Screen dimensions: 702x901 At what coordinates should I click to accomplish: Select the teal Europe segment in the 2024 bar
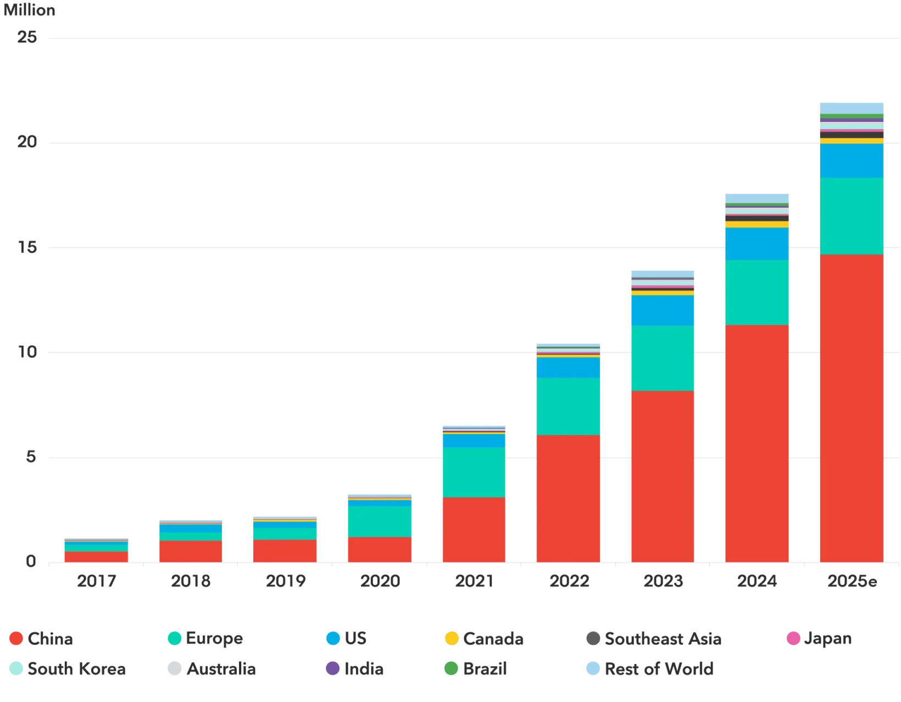click(757, 292)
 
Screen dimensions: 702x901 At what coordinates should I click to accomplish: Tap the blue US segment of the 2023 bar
click(662, 310)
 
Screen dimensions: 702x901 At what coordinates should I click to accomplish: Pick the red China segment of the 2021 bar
click(474, 530)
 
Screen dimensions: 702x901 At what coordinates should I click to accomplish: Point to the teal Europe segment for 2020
click(379, 521)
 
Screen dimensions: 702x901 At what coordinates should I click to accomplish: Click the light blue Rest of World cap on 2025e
click(851, 108)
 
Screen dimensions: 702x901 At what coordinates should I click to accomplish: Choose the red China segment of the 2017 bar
click(96, 556)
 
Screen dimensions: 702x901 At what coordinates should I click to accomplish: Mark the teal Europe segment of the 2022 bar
click(568, 406)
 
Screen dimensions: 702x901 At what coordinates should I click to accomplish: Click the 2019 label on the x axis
click(285, 581)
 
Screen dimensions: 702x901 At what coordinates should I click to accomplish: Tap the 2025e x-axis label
click(852, 581)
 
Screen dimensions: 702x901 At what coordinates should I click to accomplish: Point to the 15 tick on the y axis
click(27, 248)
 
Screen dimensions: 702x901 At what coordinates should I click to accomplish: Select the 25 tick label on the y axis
click(27, 37)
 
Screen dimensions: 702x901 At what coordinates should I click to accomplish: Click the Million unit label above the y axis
click(30, 10)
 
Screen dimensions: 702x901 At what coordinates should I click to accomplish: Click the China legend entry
click(42, 639)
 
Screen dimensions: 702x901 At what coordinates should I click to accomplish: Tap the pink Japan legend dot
click(793, 638)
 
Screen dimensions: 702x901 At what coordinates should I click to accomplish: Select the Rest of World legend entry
click(650, 668)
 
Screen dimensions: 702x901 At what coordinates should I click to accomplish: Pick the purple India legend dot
click(333, 668)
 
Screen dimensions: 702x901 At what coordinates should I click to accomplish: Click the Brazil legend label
click(485, 668)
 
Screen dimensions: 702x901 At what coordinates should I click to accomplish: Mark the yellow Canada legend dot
click(452, 638)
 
